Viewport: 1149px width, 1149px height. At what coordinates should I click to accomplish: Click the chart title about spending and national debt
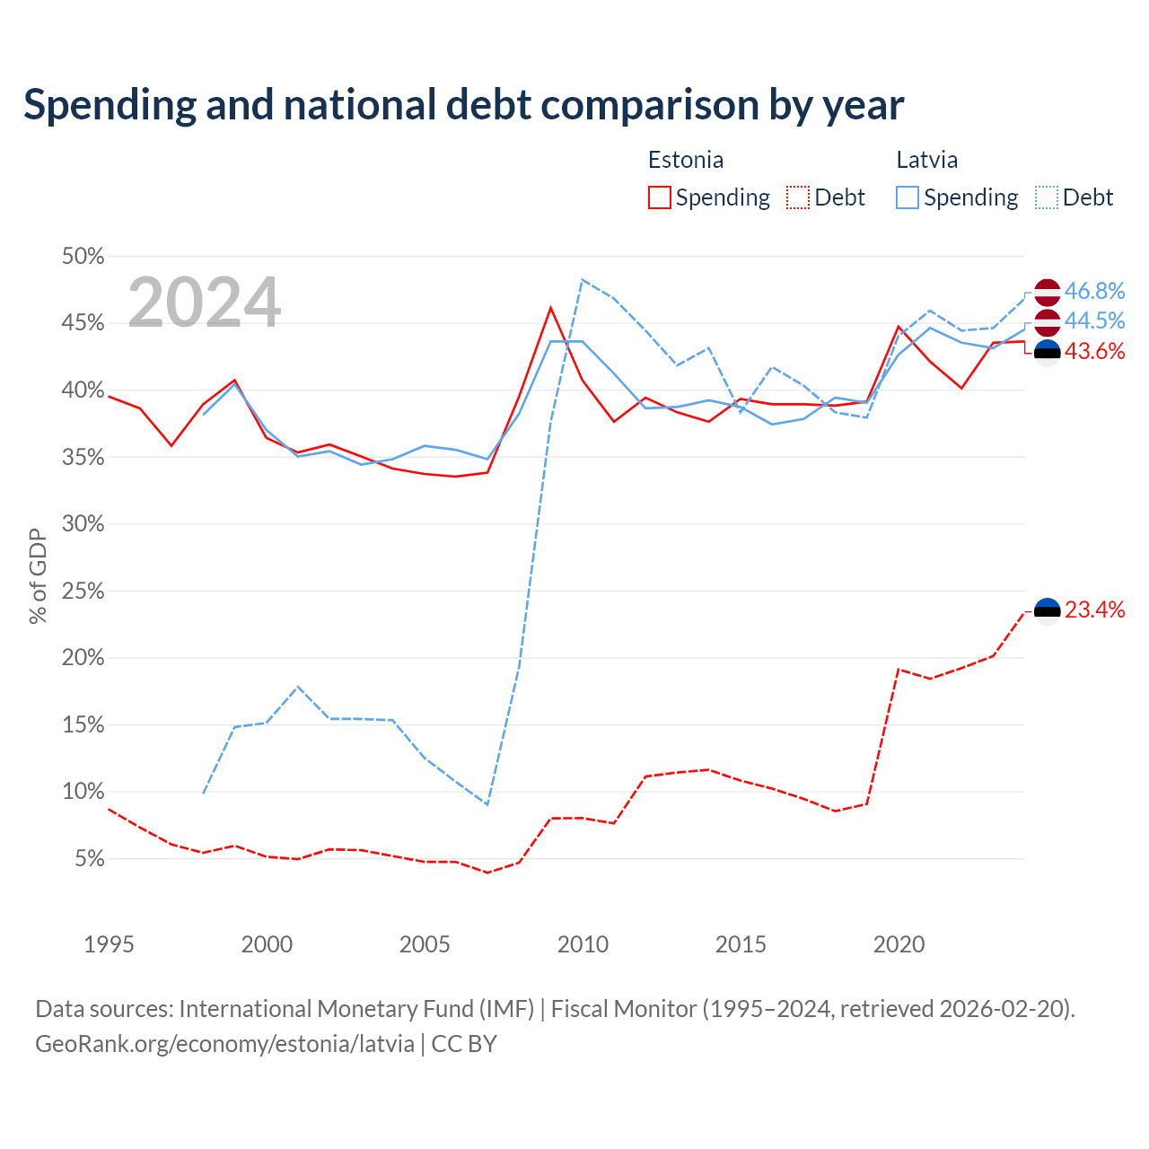tap(463, 105)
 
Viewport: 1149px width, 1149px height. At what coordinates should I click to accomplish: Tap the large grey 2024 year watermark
tap(204, 302)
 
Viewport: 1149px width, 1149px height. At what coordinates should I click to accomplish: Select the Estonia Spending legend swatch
tap(659, 197)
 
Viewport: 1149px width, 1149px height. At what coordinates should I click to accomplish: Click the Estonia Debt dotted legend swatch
tap(797, 197)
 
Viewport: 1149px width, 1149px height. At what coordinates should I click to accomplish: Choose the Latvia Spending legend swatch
tap(907, 197)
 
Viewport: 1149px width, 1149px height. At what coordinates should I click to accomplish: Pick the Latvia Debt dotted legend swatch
tap(1046, 197)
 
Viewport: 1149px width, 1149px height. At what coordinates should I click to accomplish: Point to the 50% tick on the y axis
tap(83, 257)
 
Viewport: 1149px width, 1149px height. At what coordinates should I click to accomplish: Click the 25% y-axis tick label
tap(83, 591)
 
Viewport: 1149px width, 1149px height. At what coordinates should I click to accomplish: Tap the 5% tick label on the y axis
tap(90, 859)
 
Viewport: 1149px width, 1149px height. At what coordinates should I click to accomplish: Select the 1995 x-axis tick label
tap(109, 944)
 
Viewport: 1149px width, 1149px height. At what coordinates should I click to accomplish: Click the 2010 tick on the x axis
tap(583, 944)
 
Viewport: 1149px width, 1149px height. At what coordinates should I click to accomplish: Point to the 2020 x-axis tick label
tap(899, 944)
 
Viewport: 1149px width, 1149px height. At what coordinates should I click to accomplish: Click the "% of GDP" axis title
tap(38, 576)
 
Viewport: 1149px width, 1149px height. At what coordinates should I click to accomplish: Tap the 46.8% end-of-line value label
tap(1094, 291)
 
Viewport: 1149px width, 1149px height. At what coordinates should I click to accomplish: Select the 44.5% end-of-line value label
tap(1094, 320)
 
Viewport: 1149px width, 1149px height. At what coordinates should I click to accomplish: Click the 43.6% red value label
tap(1094, 351)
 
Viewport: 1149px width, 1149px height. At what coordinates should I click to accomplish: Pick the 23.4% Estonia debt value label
tap(1094, 610)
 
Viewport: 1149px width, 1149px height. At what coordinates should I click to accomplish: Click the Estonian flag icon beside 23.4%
tap(1047, 611)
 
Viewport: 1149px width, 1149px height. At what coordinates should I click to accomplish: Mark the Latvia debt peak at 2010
tap(582, 280)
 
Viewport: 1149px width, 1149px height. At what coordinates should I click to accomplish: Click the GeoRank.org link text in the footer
tap(224, 1044)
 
